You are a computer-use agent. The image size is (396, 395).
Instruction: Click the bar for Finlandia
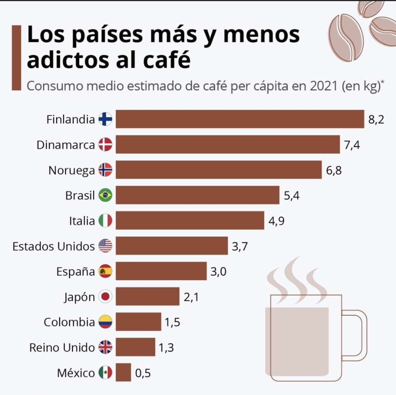pyautogui.click(x=240, y=119)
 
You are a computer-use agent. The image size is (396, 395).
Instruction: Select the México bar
pyautogui.click(x=123, y=373)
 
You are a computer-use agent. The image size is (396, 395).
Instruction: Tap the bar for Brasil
pyautogui.click(x=197, y=195)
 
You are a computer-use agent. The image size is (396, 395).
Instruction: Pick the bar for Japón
pyautogui.click(x=147, y=297)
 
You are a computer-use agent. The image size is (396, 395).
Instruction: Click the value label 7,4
pyautogui.click(x=352, y=145)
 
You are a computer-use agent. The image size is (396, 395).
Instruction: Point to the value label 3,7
pyautogui.click(x=240, y=246)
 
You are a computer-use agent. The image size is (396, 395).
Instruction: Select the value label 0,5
pyautogui.click(x=143, y=373)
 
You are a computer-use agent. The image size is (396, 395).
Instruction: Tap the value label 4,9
pyautogui.click(x=277, y=221)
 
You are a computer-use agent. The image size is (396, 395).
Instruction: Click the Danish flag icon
pyautogui.click(x=105, y=144)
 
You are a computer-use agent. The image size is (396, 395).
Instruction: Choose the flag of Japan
pyautogui.click(x=105, y=297)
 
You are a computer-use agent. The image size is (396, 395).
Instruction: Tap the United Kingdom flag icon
pyautogui.click(x=105, y=347)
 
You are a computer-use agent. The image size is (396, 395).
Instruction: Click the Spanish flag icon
pyautogui.click(x=105, y=271)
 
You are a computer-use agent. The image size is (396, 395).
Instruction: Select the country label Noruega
pyautogui.click(x=72, y=170)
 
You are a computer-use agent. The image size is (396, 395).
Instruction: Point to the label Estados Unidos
pyautogui.click(x=53, y=246)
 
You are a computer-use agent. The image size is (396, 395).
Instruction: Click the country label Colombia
pyautogui.click(x=69, y=322)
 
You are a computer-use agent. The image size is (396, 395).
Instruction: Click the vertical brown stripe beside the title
pyautogui.click(x=16, y=58)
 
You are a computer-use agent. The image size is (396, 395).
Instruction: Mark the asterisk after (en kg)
pyautogui.click(x=382, y=82)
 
